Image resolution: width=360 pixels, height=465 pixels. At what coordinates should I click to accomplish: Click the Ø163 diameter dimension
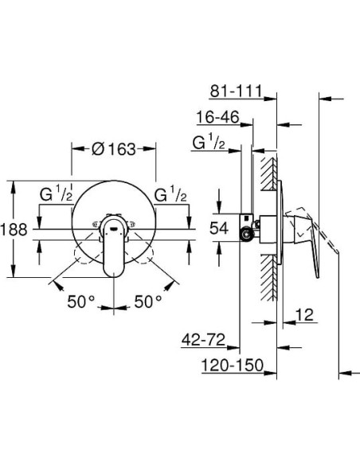(x=113, y=148)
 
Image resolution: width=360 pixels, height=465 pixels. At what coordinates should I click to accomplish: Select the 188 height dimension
(x=14, y=229)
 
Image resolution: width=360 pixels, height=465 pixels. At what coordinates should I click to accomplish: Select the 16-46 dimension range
(x=217, y=117)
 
